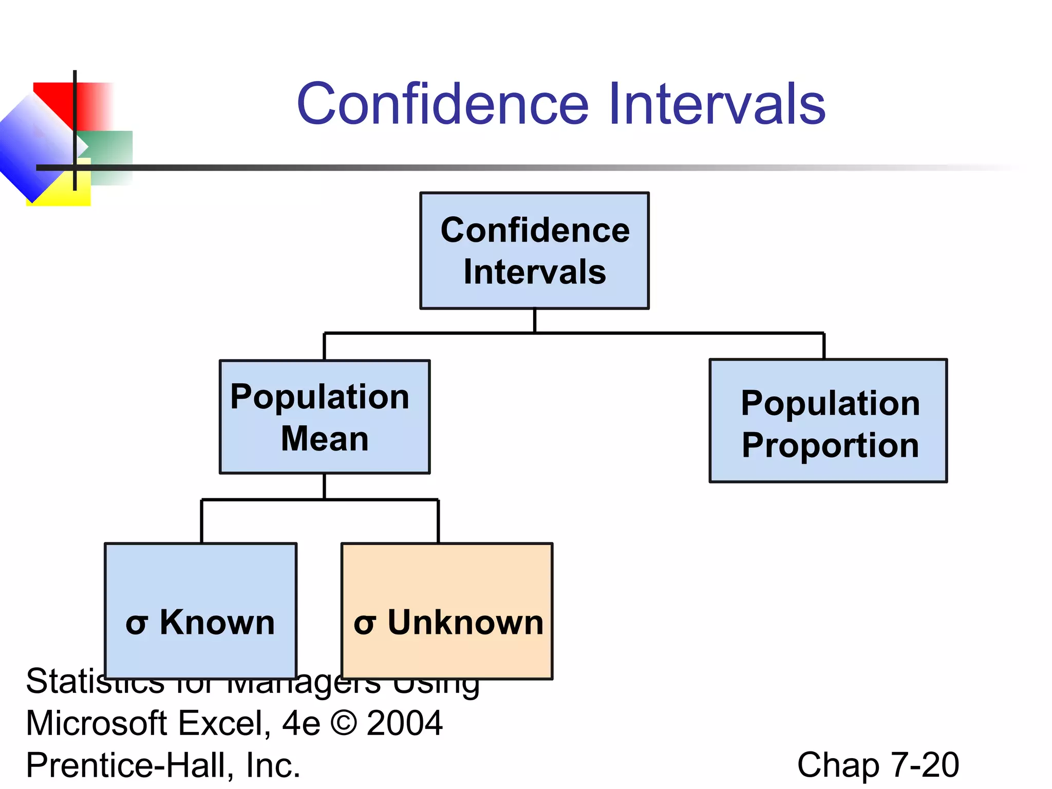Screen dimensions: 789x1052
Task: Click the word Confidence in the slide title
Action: click(x=443, y=105)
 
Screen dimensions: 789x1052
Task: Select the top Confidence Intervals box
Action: click(x=534, y=251)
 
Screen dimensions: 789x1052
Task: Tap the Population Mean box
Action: click(x=325, y=417)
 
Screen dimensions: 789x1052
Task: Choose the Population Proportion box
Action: click(x=828, y=421)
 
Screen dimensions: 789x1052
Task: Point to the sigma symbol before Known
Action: click(x=137, y=625)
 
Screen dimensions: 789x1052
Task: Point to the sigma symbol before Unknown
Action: click(x=364, y=625)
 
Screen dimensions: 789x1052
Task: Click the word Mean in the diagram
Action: click(x=325, y=439)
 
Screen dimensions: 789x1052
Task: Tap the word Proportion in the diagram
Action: click(x=830, y=445)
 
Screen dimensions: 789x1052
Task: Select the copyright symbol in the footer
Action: click(x=344, y=723)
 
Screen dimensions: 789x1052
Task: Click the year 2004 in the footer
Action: click(x=405, y=723)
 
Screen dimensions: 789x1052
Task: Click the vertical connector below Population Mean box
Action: click(x=324, y=486)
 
